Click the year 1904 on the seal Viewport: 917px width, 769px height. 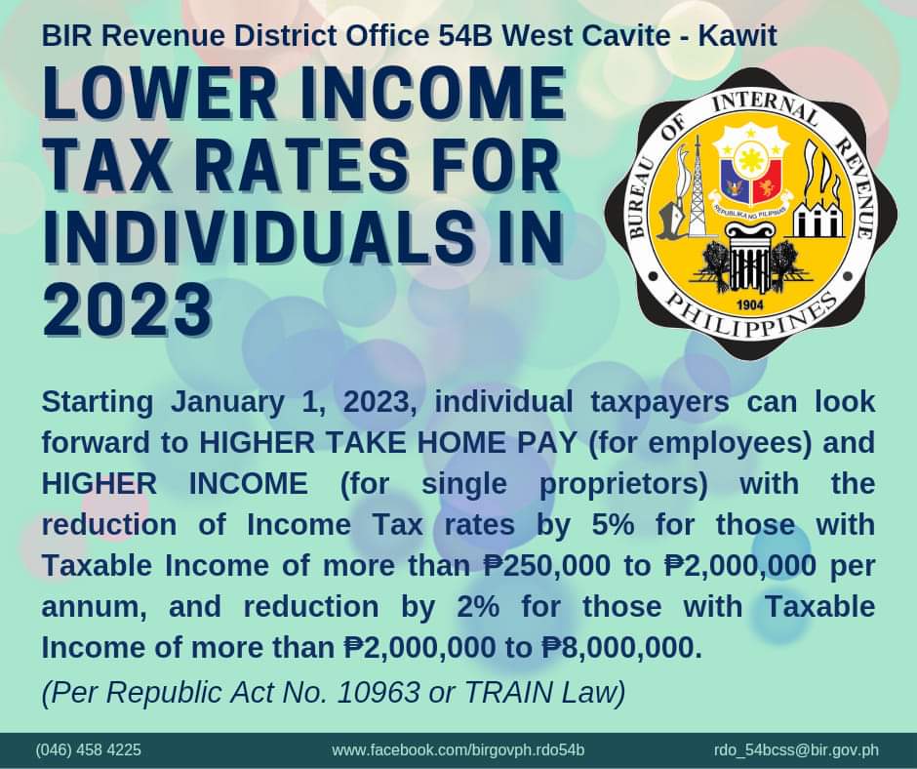[x=750, y=303]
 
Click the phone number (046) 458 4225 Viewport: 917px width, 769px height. [x=89, y=750]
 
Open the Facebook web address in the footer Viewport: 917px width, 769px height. [x=458, y=750]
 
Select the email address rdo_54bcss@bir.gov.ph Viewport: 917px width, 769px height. [x=796, y=750]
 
